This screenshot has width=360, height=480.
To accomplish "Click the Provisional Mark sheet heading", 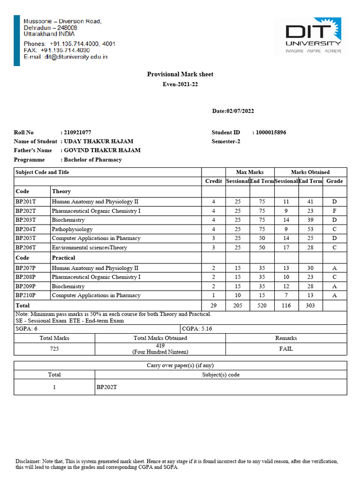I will click(x=180, y=74).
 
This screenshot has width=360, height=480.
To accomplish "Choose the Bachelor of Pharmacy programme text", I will click(x=92, y=160).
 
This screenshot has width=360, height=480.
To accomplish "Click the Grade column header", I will click(x=334, y=181).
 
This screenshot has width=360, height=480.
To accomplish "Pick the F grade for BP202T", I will click(x=334, y=211).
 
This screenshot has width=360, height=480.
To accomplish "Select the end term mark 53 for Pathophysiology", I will click(x=310, y=229).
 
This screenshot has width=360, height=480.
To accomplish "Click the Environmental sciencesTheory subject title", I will click(x=89, y=247).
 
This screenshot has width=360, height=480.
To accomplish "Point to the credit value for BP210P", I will click(x=213, y=295).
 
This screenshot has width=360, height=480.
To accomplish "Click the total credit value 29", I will click(x=213, y=306).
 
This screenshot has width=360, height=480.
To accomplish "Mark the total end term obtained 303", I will click(x=310, y=306).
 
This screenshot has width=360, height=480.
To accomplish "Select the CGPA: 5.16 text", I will click(x=197, y=329).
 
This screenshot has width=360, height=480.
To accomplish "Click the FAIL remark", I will click(x=286, y=349).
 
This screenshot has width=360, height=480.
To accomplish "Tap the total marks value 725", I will click(x=54, y=349).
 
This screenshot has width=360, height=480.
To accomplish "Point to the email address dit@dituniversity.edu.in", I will click(x=66, y=57).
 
